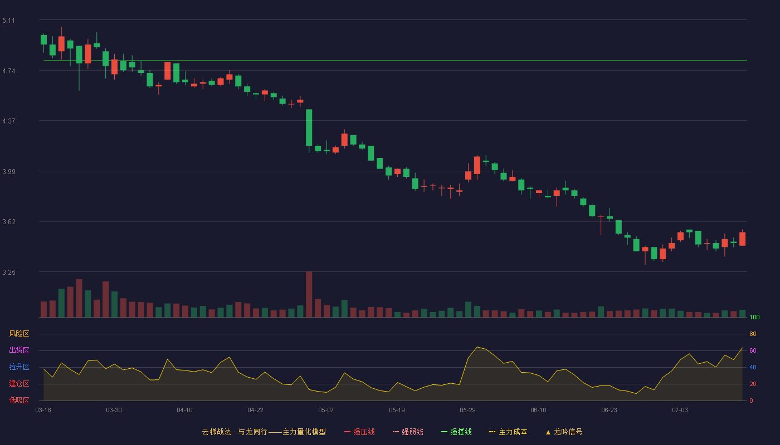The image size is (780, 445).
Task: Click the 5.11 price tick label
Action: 9,21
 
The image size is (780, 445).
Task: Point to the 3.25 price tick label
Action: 9,272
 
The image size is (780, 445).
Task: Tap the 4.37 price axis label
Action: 9,121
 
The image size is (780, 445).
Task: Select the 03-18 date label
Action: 43,411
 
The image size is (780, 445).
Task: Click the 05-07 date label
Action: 326,411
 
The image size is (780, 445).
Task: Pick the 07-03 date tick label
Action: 680,411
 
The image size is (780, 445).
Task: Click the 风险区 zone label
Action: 19,334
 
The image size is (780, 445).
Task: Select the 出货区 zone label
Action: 19,350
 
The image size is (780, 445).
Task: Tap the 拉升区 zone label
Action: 19,367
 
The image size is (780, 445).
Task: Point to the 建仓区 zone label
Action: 19,383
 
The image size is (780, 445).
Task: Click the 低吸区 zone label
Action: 19,400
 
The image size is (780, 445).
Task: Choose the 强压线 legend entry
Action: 359,432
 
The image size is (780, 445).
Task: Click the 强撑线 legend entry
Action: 456,432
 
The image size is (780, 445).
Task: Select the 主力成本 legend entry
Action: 508,432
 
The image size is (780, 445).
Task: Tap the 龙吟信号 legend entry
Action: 564,432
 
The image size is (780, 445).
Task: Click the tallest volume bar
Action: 309,294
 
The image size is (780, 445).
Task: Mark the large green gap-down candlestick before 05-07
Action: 309,127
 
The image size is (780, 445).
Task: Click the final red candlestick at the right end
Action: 742,239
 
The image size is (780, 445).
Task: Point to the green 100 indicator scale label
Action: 754,317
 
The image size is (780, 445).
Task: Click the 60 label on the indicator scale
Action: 753,350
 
